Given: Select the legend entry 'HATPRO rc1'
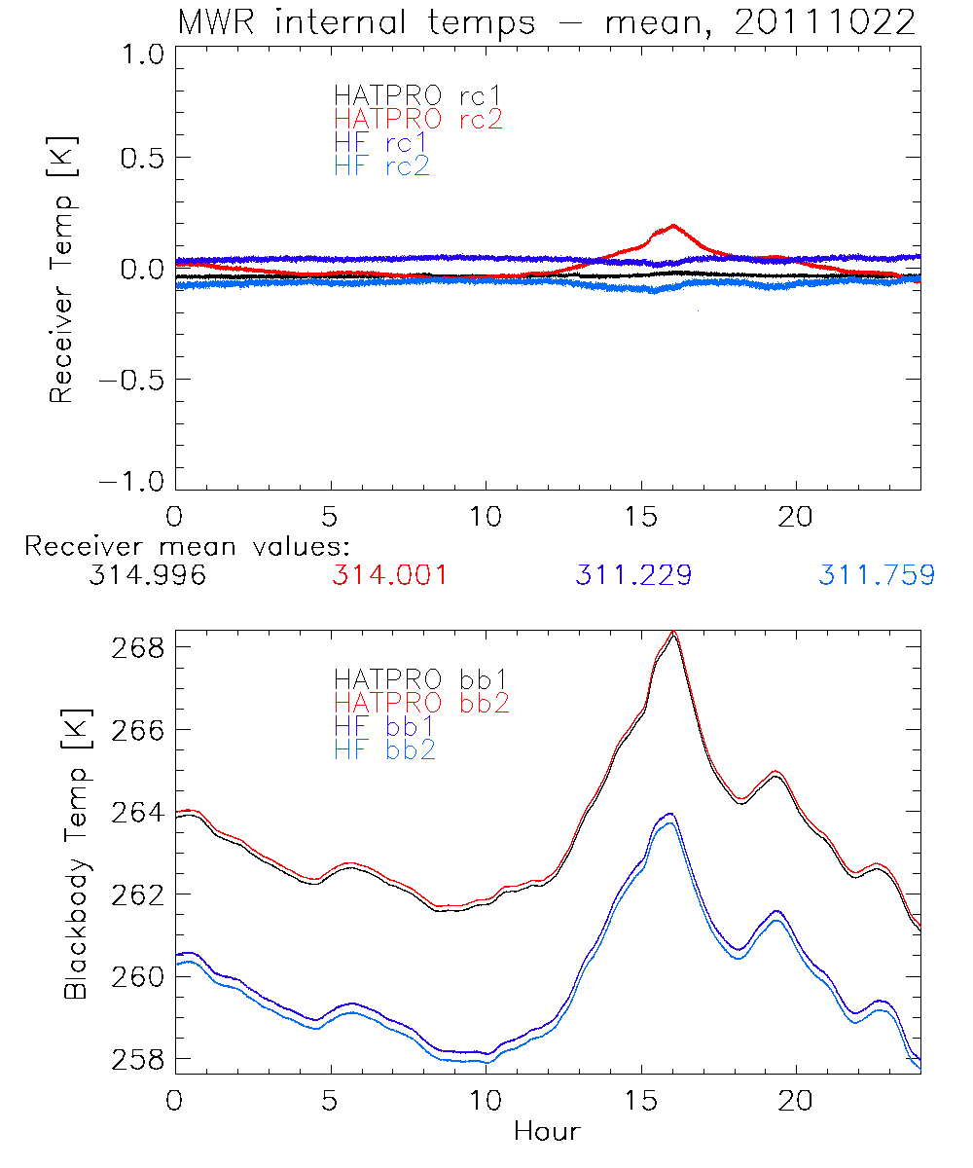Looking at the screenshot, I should tap(408, 95).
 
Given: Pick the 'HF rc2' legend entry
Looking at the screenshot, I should tap(381, 165).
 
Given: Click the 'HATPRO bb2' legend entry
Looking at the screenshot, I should tap(421, 701).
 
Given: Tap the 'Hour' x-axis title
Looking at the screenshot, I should tap(547, 1131).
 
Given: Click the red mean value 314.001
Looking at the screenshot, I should tap(390, 575).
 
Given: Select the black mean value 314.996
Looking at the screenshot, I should tap(147, 575).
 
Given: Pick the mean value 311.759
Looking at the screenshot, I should tap(877, 575).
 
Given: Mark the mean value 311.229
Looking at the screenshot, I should tap(633, 575).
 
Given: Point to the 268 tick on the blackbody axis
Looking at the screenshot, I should tap(139, 647).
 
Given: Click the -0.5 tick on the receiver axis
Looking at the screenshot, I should tap(127, 379).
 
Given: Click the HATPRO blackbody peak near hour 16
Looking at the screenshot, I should tap(672, 634).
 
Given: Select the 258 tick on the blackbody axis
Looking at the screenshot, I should tap(139, 1059).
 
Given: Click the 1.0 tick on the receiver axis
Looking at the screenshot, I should tap(139, 55).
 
